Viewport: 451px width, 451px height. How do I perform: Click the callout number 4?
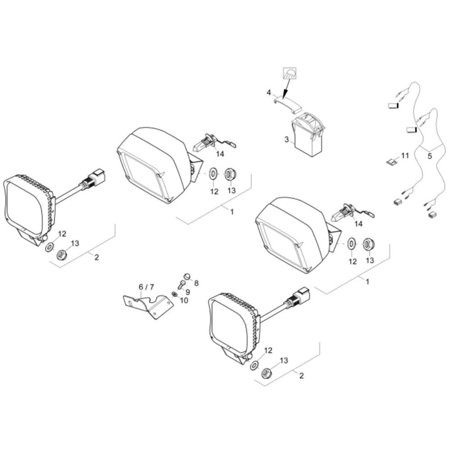pos(269,92)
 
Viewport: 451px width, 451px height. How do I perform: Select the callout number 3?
pos(286,139)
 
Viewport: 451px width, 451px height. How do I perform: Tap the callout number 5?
pos(430,156)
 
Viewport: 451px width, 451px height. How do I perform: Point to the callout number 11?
pos(405,156)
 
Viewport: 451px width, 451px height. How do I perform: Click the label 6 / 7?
pos(146,287)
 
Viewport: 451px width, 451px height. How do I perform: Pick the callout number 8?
pos(197,283)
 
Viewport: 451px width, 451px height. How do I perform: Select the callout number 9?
pos(188,292)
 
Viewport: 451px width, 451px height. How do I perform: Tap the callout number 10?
pos(184,300)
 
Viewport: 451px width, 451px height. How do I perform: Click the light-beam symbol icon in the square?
pos(290,74)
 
